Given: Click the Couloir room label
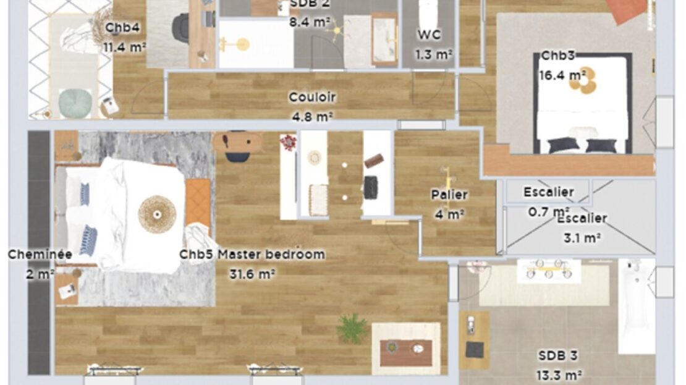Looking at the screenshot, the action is [x=312, y=96].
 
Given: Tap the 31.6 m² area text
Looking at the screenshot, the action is [x=252, y=274].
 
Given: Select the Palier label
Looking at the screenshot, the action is [x=449, y=195].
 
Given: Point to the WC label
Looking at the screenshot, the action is [x=429, y=35].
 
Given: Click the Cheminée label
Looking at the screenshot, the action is [x=40, y=254].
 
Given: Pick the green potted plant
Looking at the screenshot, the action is [x=352, y=328].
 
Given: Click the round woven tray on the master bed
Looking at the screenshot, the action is [x=157, y=214].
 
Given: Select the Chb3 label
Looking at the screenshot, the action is [x=558, y=56].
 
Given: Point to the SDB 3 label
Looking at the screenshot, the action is [x=558, y=356].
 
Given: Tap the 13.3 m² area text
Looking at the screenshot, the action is [x=559, y=375].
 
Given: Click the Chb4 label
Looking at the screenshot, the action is [x=122, y=28].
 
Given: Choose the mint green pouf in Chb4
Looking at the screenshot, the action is [x=75, y=103].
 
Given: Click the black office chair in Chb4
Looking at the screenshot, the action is [x=181, y=26].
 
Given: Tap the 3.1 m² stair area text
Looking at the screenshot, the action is [x=582, y=238].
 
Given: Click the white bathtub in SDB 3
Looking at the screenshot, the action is [x=637, y=306].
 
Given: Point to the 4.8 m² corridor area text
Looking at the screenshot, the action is [x=312, y=117].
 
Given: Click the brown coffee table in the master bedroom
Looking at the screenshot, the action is [x=406, y=353].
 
